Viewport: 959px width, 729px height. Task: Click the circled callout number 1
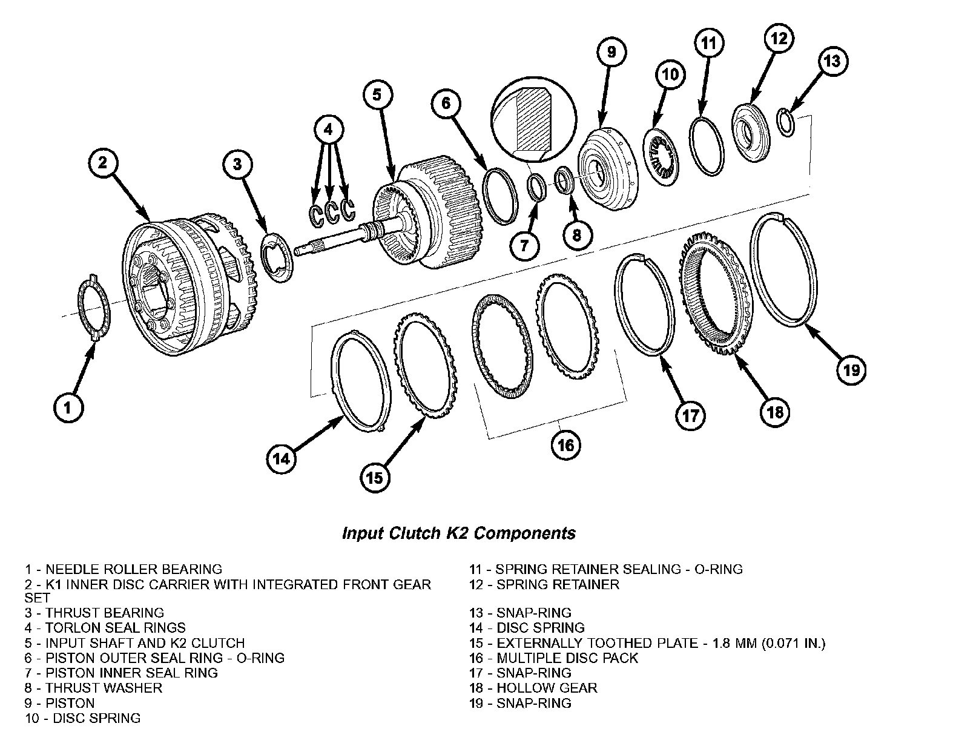click(x=68, y=407)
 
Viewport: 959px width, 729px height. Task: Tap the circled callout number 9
click(x=611, y=52)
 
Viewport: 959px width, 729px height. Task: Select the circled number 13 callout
click(x=832, y=61)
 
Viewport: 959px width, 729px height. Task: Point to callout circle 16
click(x=566, y=445)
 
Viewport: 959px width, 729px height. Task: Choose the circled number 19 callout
click(x=851, y=371)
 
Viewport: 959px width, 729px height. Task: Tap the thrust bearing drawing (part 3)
click(x=277, y=258)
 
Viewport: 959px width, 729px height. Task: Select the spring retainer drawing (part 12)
click(x=751, y=133)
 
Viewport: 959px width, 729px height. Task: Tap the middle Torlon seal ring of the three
click(x=332, y=213)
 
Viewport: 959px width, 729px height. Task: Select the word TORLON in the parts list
click(x=71, y=628)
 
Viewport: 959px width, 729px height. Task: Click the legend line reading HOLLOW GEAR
click(x=533, y=688)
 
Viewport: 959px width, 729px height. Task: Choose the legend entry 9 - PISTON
click(x=59, y=703)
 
